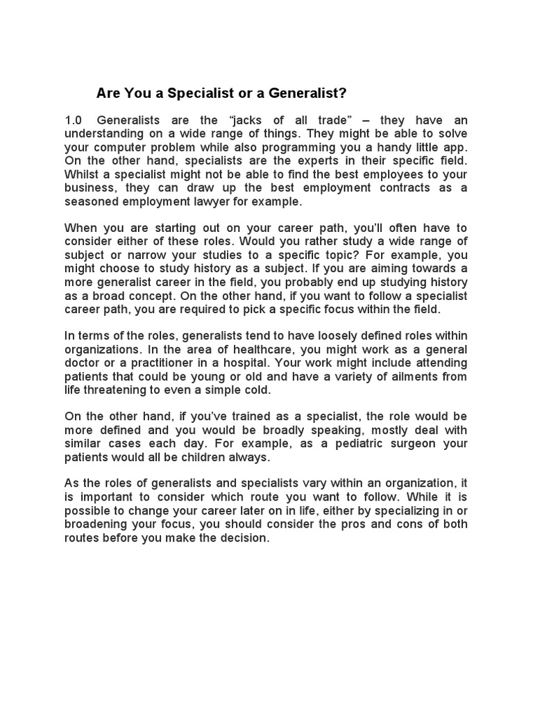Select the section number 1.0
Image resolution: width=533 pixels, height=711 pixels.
click(x=74, y=120)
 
